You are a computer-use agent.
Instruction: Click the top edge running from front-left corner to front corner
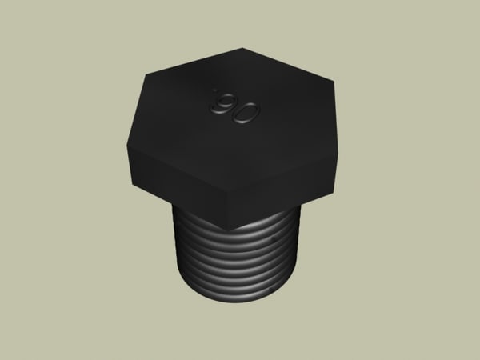(178, 167)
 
